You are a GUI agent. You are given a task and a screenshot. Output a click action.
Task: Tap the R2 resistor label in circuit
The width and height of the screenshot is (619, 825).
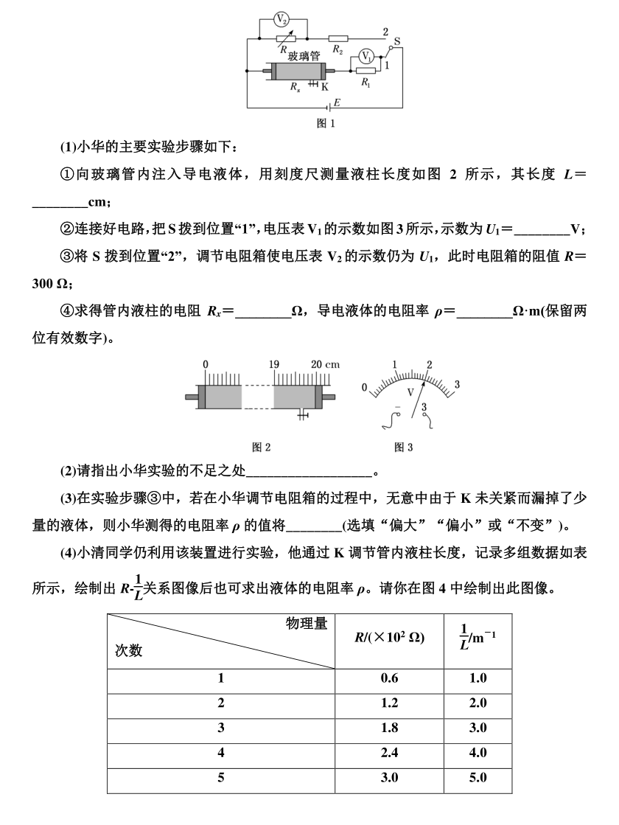pos(338,51)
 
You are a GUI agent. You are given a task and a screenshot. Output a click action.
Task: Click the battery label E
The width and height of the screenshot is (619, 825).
pos(337,102)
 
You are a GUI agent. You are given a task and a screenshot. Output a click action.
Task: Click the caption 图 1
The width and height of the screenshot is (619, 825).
pos(326,124)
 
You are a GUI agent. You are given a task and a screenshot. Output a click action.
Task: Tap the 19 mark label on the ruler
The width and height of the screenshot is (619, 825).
pos(274,365)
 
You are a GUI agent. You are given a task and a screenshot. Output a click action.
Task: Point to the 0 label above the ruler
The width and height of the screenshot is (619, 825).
pos(205,365)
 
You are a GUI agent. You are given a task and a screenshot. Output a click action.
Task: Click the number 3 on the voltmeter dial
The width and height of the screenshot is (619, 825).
pos(457,385)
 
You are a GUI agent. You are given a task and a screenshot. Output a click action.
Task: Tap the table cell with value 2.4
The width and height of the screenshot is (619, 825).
pos(390,753)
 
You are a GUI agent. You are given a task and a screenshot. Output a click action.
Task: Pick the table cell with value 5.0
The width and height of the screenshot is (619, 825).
pos(478,778)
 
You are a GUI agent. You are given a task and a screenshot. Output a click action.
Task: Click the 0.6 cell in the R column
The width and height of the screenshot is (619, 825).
pos(390,678)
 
